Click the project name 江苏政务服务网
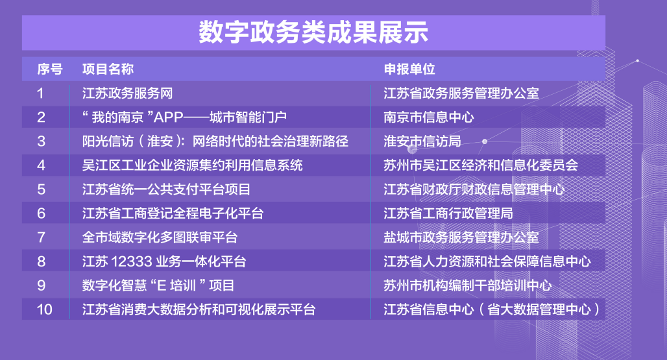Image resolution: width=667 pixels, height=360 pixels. [x=127, y=93]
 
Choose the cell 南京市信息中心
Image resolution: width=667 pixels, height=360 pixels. [x=428, y=117]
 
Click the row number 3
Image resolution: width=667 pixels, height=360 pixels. [x=42, y=141]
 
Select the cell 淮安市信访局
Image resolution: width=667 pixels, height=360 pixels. [x=422, y=141]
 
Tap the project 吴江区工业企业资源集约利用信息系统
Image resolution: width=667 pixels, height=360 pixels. [x=192, y=165]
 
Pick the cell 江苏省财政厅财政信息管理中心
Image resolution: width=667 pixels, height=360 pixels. [x=474, y=189]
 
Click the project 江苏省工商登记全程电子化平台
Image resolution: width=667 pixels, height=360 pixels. [x=173, y=213]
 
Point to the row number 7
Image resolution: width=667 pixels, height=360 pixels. [x=42, y=237]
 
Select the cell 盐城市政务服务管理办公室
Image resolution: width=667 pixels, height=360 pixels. [x=461, y=237]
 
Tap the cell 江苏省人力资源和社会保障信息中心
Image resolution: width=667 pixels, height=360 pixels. [x=487, y=262]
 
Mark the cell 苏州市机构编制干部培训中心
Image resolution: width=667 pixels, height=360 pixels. [x=467, y=285]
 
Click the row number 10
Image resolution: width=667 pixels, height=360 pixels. [x=44, y=309]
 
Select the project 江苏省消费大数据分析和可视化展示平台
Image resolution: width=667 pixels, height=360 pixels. [x=199, y=309]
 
